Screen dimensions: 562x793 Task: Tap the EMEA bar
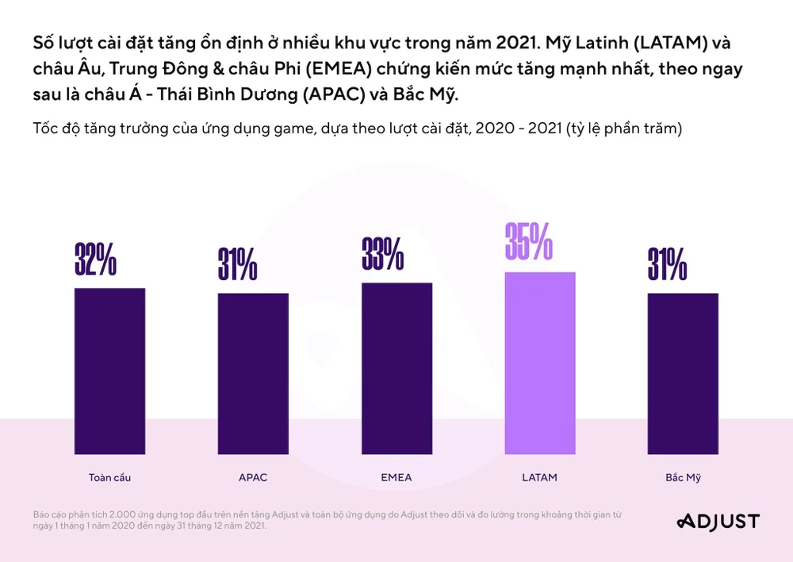[x=396, y=373]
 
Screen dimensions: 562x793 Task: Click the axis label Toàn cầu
[x=109, y=478]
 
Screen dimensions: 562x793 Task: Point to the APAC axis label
[x=253, y=478]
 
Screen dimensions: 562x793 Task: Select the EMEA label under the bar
[x=396, y=478]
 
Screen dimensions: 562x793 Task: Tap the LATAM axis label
[x=540, y=478]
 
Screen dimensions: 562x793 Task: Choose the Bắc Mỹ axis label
[x=683, y=478]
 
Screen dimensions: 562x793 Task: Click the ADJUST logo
[x=718, y=522]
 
